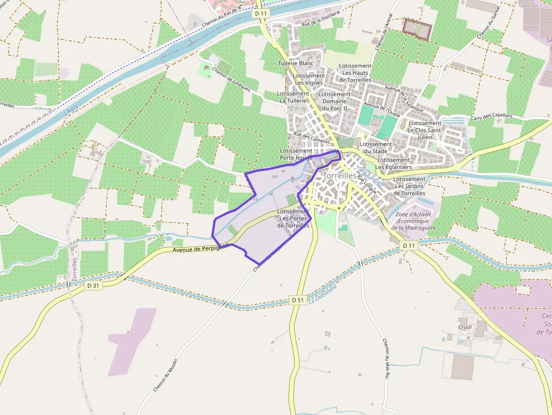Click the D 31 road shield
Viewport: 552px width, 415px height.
tap(94, 285)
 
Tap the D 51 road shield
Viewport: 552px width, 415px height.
tap(298, 300)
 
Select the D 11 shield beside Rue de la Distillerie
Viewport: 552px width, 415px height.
tap(260, 12)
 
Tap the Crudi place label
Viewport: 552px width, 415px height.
tap(465, 327)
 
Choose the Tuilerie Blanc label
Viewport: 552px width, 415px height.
tap(296, 64)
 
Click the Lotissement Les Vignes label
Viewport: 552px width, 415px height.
tap(310, 79)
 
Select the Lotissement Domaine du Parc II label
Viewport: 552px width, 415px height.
tap(335, 101)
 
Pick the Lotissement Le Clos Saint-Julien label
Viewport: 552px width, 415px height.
tap(425, 130)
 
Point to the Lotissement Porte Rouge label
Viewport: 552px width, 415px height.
tap(296, 154)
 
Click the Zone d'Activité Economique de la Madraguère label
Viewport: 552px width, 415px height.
tap(416, 221)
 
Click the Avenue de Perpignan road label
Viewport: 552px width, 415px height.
tap(198, 248)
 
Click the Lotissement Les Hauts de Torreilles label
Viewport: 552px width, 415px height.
tap(355, 73)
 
